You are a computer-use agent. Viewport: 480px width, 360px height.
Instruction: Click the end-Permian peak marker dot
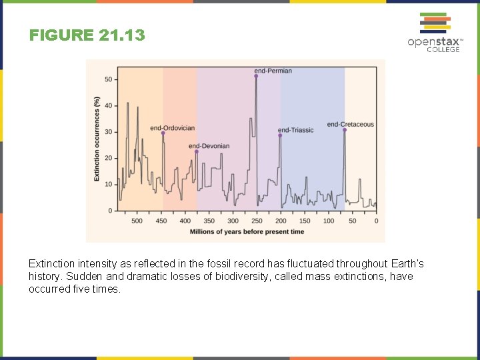[x=256, y=76]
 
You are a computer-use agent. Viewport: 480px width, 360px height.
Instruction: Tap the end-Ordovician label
[x=172, y=128]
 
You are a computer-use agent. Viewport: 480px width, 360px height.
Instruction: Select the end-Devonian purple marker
[x=196, y=151]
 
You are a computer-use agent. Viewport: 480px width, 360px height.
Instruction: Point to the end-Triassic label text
[x=295, y=130]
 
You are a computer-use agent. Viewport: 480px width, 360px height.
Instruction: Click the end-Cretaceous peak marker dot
[x=345, y=130]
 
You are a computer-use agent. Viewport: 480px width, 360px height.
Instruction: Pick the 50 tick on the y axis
[x=108, y=79]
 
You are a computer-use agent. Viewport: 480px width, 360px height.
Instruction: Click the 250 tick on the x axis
[x=257, y=221]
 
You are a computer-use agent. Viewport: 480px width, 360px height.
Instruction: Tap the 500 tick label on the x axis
[x=137, y=221]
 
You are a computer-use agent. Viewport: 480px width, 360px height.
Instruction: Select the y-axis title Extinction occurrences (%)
[x=97, y=139]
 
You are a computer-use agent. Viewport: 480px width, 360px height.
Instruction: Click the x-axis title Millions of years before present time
[x=247, y=232]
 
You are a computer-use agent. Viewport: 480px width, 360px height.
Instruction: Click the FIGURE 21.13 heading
[x=87, y=35]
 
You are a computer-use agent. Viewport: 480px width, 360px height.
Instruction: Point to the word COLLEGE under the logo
[x=443, y=50]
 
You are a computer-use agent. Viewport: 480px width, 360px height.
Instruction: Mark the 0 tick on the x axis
[x=376, y=221]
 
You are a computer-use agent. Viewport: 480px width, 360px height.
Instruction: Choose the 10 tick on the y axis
[x=108, y=184]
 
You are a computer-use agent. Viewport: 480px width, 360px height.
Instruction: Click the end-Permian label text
[x=273, y=71]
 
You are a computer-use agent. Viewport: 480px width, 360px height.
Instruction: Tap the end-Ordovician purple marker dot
[x=163, y=133]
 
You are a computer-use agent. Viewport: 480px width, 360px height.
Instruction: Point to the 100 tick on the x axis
[x=329, y=221]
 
